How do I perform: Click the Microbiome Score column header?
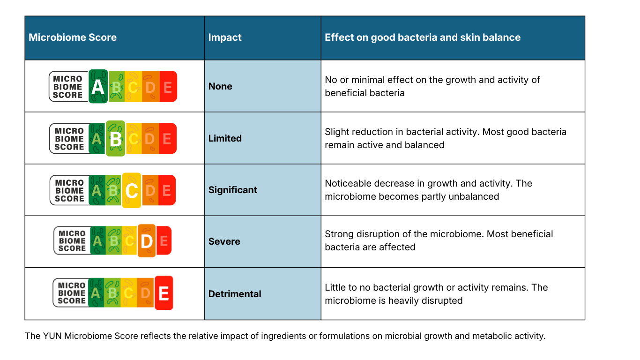pos(73,37)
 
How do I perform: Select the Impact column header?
pos(225,37)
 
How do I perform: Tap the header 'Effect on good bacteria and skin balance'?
pos(422,37)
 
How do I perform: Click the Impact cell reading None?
pos(220,86)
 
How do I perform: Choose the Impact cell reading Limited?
pos(225,138)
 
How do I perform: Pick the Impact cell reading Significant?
pos(233,190)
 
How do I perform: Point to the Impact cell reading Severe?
pos(224,241)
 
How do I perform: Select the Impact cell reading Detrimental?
pos(235,294)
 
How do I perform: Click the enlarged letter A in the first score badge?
pos(98,87)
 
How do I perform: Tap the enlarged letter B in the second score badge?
pos(115,139)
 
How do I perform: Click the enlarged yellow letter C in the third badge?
pos(132,191)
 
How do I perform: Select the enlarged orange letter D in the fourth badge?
pos(147,241)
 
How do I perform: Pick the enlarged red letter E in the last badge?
pos(164,293)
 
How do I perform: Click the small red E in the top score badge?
pos(168,87)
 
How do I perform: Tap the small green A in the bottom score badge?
pos(96,293)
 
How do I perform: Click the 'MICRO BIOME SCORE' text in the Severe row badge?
pos(72,241)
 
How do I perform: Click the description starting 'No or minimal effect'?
pos(432,86)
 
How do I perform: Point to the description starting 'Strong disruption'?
pos(439,240)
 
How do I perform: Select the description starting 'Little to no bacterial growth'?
pos(436,294)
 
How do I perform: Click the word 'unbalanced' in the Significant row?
pos(474,196)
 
